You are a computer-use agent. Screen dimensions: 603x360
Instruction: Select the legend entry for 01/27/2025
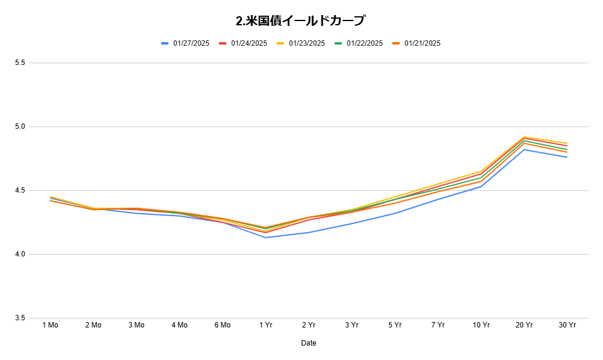tap(185, 43)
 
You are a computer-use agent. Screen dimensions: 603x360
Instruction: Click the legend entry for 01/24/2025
tap(243, 43)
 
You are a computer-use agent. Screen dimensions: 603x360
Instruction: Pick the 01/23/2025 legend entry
tap(301, 43)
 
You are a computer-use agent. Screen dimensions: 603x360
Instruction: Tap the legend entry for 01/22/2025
tap(359, 43)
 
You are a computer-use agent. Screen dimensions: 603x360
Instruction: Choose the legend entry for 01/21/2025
tap(416, 43)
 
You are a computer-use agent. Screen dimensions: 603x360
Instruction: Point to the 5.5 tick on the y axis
tap(20, 63)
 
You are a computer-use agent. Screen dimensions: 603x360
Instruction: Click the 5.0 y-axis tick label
tap(20, 126)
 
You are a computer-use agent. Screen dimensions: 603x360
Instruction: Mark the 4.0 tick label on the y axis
tap(20, 254)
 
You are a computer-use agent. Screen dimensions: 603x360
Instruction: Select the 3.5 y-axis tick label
tap(20, 318)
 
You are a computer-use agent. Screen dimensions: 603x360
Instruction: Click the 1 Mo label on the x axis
tap(50, 325)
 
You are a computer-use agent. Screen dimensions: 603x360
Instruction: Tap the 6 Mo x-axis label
tap(222, 325)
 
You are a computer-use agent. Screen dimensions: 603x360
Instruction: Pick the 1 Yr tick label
tap(266, 325)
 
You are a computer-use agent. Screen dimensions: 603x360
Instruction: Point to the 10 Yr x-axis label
tap(481, 325)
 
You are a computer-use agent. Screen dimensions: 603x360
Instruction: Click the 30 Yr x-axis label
tap(567, 325)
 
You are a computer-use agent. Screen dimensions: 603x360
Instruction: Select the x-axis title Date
tap(309, 343)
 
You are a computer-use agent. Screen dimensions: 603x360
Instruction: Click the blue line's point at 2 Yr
tap(309, 232)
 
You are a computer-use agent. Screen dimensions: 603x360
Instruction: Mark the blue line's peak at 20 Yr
tap(524, 149)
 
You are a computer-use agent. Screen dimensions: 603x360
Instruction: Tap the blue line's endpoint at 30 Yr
tap(567, 157)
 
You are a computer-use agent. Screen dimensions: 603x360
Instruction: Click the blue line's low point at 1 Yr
tap(266, 237)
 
